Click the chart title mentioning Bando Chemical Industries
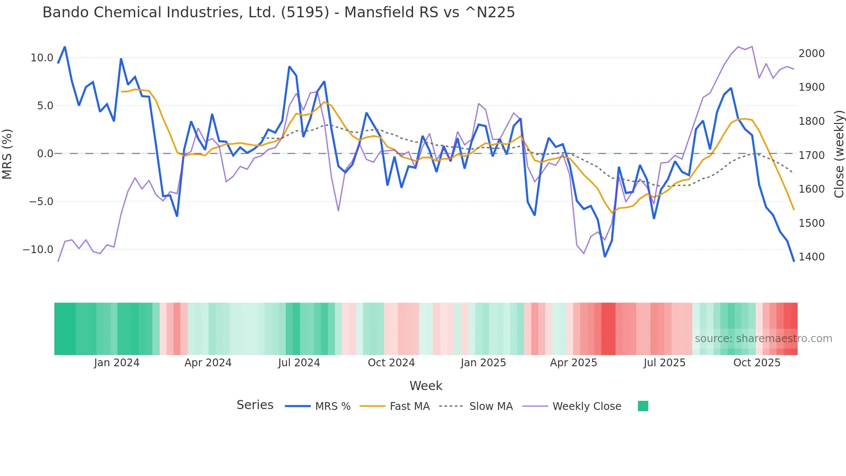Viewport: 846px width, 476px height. pyautogui.click(x=278, y=13)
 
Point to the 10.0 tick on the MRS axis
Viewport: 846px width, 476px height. pyautogui.click(x=42, y=58)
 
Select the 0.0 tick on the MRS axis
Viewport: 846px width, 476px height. pyautogui.click(x=45, y=154)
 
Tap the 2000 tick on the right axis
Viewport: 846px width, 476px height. pyautogui.click(x=811, y=54)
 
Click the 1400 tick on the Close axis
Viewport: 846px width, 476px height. pyautogui.click(x=811, y=257)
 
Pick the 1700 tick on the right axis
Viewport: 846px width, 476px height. pyautogui.click(x=811, y=155)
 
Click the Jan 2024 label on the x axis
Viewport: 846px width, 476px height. pyautogui.click(x=117, y=363)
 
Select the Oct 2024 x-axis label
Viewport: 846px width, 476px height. pyautogui.click(x=391, y=363)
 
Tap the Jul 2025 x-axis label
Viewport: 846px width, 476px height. pyautogui.click(x=664, y=363)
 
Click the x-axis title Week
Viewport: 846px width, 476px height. pyautogui.click(x=426, y=386)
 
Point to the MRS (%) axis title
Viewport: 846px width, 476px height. pyautogui.click(x=7, y=154)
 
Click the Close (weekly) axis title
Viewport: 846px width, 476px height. pyautogui.click(x=839, y=154)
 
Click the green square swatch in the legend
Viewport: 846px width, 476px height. pyautogui.click(x=643, y=406)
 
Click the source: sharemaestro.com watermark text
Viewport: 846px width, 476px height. pyautogui.click(x=763, y=339)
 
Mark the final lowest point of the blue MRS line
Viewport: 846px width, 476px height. pyautogui.click(x=793, y=261)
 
